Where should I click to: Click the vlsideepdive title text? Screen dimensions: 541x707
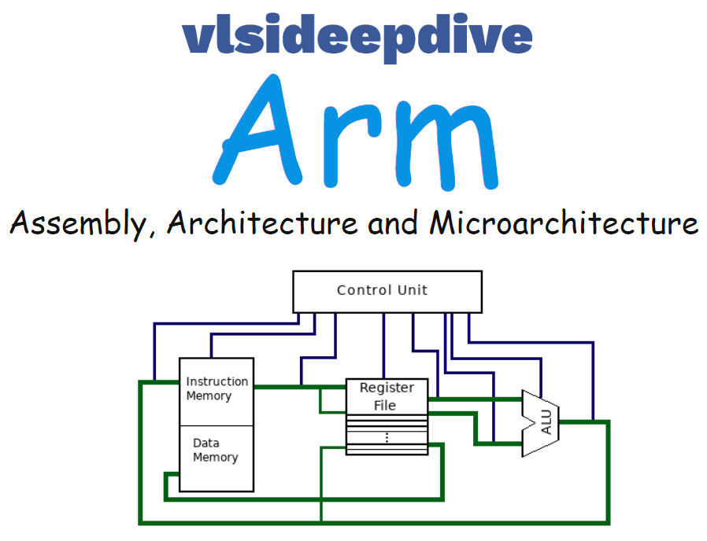coord(357,35)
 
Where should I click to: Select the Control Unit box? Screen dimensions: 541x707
coord(387,291)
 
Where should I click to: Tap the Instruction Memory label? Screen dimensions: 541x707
coord(217,388)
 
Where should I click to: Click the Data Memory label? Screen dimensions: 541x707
coord(215,450)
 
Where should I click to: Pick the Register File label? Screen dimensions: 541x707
coord(386,396)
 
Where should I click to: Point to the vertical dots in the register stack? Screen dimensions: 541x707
coord(387,438)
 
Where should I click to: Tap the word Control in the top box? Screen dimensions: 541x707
coord(363,290)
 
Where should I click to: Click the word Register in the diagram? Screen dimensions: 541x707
coord(387,388)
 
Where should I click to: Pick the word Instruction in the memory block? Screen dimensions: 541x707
coord(217,381)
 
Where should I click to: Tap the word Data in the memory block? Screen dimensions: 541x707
coord(205,443)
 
